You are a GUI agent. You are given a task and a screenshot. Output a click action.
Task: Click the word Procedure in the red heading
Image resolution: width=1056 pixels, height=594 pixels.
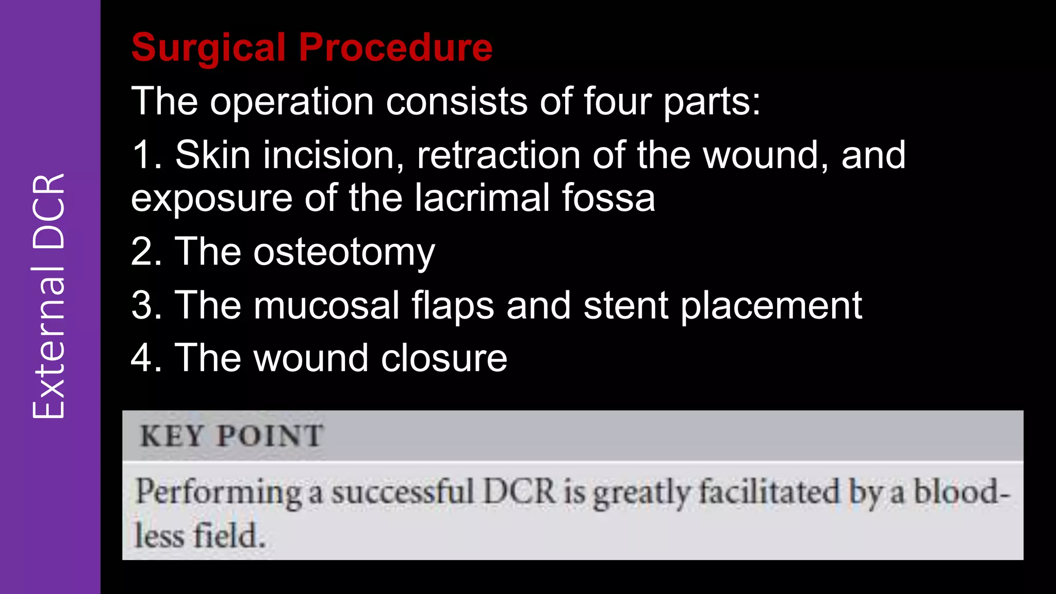tap(395, 47)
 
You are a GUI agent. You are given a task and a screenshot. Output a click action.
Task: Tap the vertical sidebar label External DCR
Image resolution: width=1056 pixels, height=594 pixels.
tap(49, 296)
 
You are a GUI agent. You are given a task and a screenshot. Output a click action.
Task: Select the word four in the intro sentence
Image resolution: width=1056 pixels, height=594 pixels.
tap(617, 101)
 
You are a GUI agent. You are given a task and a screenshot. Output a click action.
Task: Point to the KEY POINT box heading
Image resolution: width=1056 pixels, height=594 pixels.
tap(232, 436)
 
